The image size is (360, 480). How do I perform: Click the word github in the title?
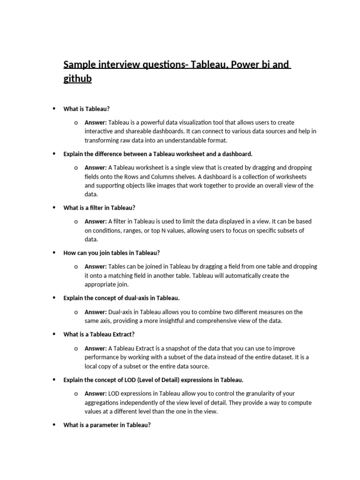[77, 79]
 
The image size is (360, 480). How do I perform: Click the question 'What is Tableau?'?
[86, 109]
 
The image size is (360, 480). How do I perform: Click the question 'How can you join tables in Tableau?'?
[112, 253]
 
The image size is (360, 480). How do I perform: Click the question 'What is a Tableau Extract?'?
[98, 334]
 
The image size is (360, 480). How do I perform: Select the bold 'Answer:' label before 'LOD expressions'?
[96, 394]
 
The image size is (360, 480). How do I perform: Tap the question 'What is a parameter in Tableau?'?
[107, 425]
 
